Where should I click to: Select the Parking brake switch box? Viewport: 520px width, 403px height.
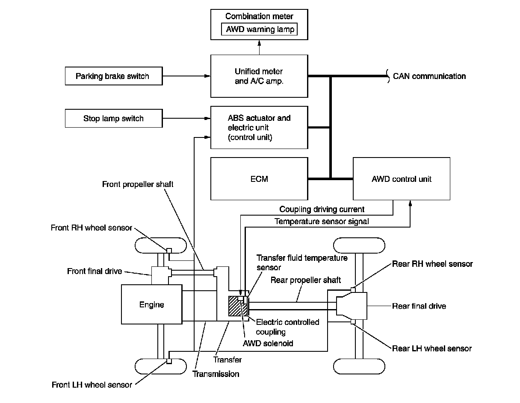[x=114, y=76]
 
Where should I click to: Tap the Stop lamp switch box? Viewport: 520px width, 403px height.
[x=114, y=118]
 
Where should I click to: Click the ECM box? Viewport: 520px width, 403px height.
[x=259, y=179]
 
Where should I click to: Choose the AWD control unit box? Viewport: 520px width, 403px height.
[x=402, y=179]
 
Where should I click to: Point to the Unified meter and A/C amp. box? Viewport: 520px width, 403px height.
[x=259, y=76]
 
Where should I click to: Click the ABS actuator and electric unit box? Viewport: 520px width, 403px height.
[x=259, y=128]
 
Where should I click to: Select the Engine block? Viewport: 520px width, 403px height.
[x=152, y=304]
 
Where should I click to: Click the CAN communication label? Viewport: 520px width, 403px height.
[x=429, y=76]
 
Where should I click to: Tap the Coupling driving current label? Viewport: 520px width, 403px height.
[x=322, y=209]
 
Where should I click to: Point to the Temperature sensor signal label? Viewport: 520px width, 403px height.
[x=322, y=222]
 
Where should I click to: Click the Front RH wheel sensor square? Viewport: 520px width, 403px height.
[x=169, y=251]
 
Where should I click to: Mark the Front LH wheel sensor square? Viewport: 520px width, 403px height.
[x=169, y=361]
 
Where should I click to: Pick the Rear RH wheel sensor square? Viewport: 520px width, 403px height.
[x=353, y=290]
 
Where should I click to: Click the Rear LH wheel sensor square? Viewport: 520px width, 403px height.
[x=353, y=322]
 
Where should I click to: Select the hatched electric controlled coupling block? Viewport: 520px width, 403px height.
[x=238, y=306]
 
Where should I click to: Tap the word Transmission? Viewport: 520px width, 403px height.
[x=216, y=374]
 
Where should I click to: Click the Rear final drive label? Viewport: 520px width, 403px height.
[x=419, y=306]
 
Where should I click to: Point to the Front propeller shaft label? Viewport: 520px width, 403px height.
[x=138, y=184]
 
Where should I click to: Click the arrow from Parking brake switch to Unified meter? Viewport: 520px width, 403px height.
[x=186, y=76]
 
